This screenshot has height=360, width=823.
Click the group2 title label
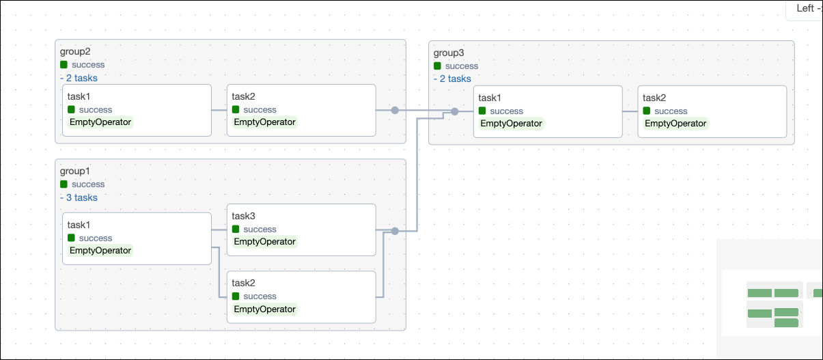(x=75, y=51)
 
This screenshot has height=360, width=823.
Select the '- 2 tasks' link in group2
(x=79, y=78)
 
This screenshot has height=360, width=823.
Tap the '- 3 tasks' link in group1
(x=79, y=197)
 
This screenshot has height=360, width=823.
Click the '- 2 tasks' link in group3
(x=452, y=79)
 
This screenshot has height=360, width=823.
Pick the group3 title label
(x=449, y=53)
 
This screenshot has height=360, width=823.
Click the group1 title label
(x=75, y=171)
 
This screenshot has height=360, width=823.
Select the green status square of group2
(x=64, y=65)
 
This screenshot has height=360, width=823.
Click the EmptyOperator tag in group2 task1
(x=100, y=122)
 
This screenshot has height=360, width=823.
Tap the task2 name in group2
(x=243, y=96)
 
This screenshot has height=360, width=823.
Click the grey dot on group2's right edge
(x=395, y=110)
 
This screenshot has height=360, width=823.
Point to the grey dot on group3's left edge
(x=454, y=111)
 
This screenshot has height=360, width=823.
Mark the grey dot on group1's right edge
(x=395, y=232)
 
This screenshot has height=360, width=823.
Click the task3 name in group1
(x=243, y=216)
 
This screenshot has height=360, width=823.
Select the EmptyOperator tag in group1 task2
(x=265, y=309)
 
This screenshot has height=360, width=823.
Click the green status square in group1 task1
(x=71, y=238)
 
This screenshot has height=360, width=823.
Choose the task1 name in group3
(x=490, y=98)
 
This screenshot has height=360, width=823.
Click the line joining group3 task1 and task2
(x=630, y=111)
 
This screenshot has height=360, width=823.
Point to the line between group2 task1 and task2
(x=219, y=110)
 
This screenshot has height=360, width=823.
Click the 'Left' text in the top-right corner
(x=805, y=8)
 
